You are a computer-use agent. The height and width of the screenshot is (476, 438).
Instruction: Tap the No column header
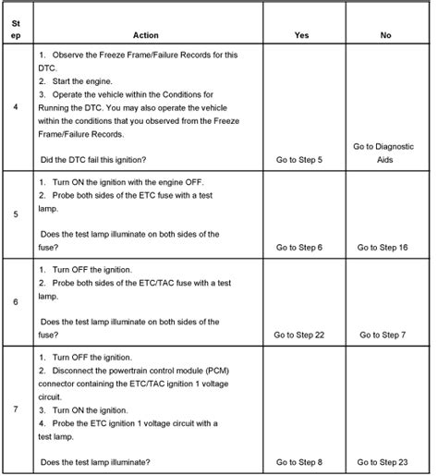(384, 35)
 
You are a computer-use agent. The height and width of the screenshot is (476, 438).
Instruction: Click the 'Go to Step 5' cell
(299, 160)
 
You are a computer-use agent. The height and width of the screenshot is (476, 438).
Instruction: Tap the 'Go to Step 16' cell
(383, 248)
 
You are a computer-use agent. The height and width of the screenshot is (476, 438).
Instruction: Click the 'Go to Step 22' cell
(299, 335)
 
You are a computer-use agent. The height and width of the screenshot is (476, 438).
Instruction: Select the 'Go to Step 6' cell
(299, 248)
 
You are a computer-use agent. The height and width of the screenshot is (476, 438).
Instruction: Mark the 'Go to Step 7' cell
(383, 335)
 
